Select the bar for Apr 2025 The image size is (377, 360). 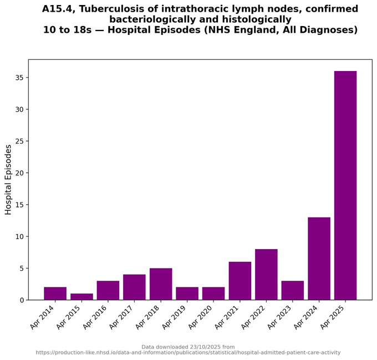click(x=345, y=185)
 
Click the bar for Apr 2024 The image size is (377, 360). click(x=319, y=258)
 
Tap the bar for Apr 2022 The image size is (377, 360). click(x=266, y=275)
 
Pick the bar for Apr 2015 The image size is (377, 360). click(x=81, y=297)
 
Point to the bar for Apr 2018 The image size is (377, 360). click(x=161, y=284)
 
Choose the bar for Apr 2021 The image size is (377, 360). click(x=240, y=281)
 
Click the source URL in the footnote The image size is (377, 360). click(x=188, y=353)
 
